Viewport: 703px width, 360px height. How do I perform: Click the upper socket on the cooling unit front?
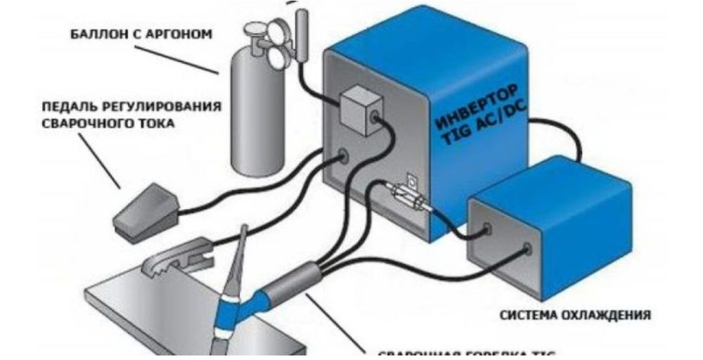coord(486,228)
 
